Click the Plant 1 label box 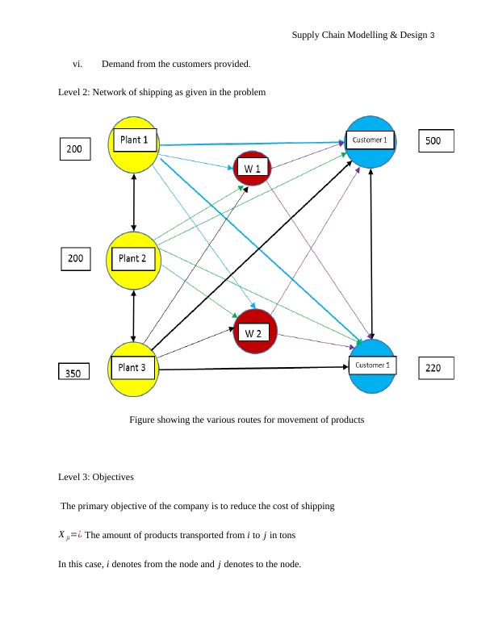coord(134,140)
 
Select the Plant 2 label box coord(132,258)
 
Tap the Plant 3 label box coord(132,367)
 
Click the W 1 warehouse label coord(253,168)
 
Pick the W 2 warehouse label coord(253,332)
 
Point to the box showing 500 coord(433,141)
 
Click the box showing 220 coord(433,369)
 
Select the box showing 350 coord(73,373)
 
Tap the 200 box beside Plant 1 coord(74,149)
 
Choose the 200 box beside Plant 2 coord(74,258)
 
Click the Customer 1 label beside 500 coord(370,140)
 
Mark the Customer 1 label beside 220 coord(373,365)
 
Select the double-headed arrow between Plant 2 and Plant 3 coord(134,313)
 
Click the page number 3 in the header coord(433,35)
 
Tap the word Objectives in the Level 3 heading coord(113,477)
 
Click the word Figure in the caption coord(143,420)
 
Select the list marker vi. coord(77,64)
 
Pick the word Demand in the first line coord(119,64)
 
